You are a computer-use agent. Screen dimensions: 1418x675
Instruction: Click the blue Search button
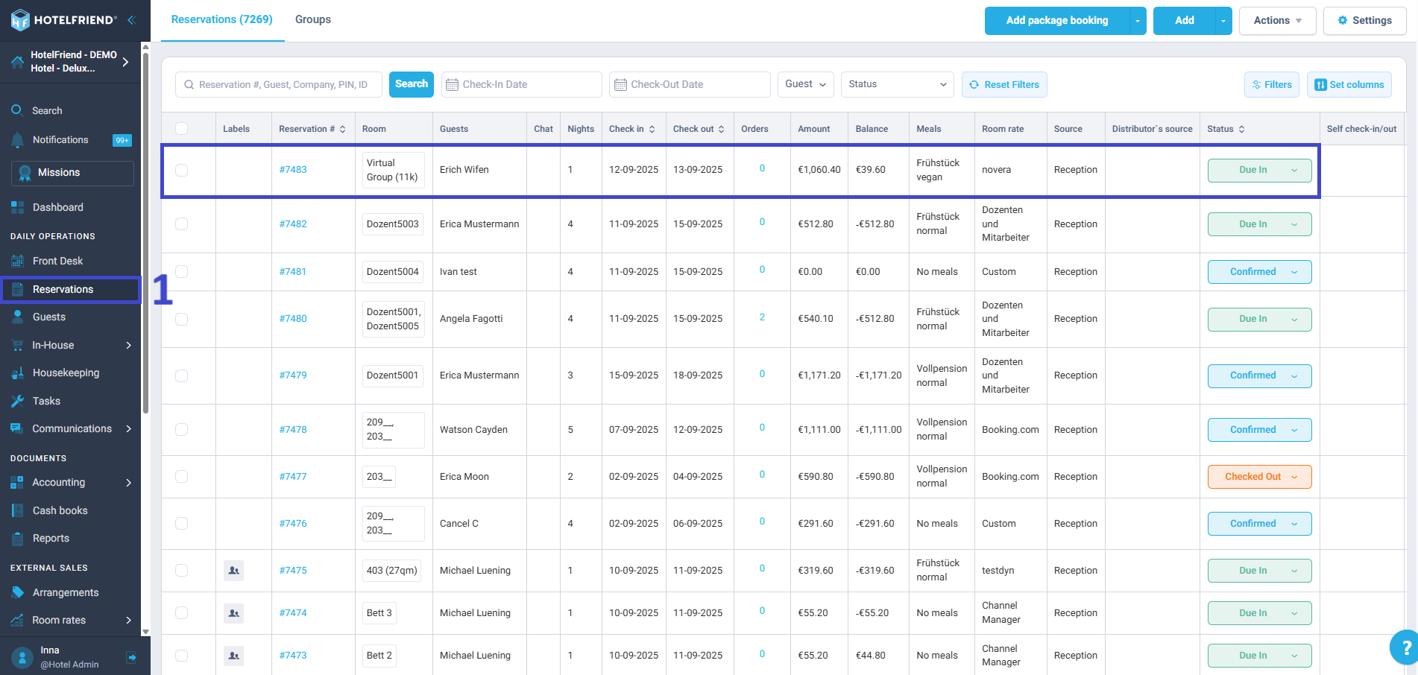tap(411, 84)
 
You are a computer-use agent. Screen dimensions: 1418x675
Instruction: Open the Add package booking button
tap(1056, 21)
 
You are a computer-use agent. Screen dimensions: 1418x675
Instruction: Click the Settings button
tap(1364, 21)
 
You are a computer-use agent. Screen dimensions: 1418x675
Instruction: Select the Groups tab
tap(313, 19)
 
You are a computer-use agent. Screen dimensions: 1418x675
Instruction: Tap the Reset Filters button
tap(1004, 85)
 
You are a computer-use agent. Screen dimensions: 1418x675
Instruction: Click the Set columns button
tap(1349, 85)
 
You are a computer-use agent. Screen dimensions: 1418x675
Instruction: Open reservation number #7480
tap(293, 319)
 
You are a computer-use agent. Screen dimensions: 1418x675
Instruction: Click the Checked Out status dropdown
tap(1259, 477)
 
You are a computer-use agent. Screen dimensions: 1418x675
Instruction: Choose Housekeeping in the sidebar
tap(66, 373)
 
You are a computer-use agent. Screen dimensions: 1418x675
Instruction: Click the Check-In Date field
tap(521, 84)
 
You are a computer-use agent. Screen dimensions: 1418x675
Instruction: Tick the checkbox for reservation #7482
tap(182, 224)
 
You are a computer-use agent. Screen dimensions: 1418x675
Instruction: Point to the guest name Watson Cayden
tap(473, 430)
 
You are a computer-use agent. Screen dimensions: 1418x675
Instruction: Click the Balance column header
tap(872, 129)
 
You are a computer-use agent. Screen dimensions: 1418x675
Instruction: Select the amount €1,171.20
tap(819, 375)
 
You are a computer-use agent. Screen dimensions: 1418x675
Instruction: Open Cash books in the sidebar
tap(60, 510)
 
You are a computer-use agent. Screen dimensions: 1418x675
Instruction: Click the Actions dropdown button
tap(1277, 21)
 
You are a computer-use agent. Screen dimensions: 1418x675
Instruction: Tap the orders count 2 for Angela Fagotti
tap(762, 317)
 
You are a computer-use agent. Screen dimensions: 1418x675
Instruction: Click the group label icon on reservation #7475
tap(234, 571)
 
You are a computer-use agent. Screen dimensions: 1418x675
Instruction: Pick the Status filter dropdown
tap(897, 84)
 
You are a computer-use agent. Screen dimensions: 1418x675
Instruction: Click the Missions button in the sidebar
tap(72, 173)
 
